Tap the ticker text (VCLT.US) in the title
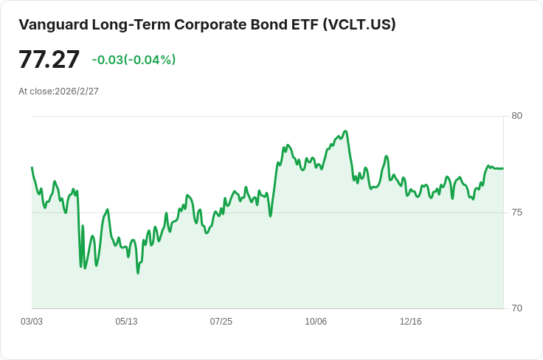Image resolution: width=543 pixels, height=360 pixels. pyautogui.click(x=359, y=24)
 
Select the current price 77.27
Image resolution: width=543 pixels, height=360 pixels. pyautogui.click(x=49, y=59)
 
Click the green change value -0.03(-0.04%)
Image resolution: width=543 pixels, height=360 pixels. pyautogui.click(x=134, y=60)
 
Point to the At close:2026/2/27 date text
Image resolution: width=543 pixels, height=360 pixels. pyautogui.click(x=58, y=91)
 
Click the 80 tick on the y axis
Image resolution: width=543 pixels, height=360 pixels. pyautogui.click(x=516, y=116)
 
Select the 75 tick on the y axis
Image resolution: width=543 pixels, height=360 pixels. pyautogui.click(x=516, y=212)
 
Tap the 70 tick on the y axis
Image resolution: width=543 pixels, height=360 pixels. pyautogui.click(x=516, y=308)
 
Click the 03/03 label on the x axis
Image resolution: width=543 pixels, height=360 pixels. pyautogui.click(x=32, y=322)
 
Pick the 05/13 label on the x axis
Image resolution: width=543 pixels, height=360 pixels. pyautogui.click(x=126, y=322)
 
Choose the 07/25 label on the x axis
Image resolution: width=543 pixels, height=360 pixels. pyautogui.click(x=221, y=322)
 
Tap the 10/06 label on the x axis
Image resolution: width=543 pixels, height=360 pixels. pyautogui.click(x=316, y=322)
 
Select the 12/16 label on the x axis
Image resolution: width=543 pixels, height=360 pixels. pyautogui.click(x=410, y=322)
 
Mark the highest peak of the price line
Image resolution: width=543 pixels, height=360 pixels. pyautogui.click(x=345, y=131)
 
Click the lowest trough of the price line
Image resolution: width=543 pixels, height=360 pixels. pyautogui.click(x=137, y=273)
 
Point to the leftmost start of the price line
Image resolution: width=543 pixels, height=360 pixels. pyautogui.click(x=32, y=167)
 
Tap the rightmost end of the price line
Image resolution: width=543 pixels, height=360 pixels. pyautogui.click(x=503, y=168)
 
